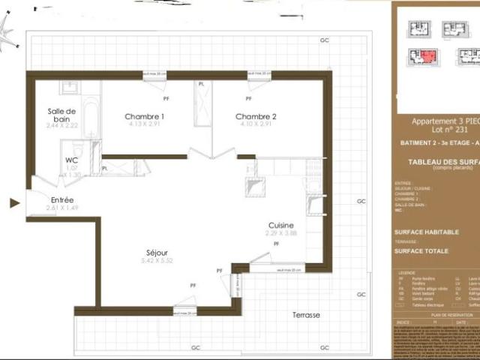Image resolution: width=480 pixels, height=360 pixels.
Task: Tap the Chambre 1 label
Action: (x=145, y=116)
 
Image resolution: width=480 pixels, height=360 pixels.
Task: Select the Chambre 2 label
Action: (x=256, y=116)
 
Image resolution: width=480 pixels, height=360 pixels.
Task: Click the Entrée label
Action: (x=62, y=200)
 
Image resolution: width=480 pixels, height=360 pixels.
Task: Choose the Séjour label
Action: (x=157, y=252)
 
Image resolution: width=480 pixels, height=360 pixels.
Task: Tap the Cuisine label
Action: (x=282, y=224)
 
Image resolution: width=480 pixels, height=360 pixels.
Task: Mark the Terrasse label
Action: (x=306, y=315)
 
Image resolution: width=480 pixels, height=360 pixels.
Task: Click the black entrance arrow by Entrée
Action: (x=13, y=202)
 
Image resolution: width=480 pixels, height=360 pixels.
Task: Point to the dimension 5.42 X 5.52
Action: (x=157, y=260)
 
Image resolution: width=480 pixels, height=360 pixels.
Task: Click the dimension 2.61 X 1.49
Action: (x=62, y=208)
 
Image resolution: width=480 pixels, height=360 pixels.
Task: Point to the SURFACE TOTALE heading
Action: (x=421, y=250)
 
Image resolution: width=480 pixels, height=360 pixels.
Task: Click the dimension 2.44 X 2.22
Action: (x=61, y=126)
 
